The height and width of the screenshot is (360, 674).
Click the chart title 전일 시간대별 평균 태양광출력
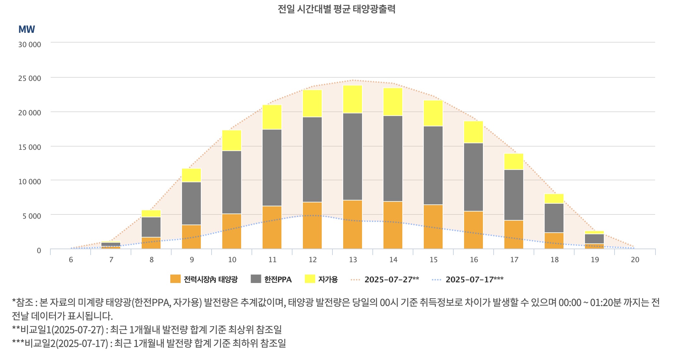[x=336, y=9]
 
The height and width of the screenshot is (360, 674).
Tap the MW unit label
[x=27, y=30]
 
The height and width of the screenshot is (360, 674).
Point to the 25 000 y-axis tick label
[x=30, y=78]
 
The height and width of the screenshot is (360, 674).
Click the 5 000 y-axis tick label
[x=32, y=216]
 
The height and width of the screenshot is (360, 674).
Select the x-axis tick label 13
[x=353, y=260]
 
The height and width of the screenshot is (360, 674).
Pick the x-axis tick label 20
[x=635, y=260]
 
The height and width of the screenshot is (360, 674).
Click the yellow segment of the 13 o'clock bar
[x=353, y=99]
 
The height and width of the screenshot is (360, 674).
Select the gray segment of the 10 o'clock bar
[x=232, y=182]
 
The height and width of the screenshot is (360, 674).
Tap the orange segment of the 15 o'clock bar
[x=433, y=226]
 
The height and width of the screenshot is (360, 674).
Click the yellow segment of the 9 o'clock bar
[x=191, y=175]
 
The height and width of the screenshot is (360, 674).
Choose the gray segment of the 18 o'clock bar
[x=554, y=218]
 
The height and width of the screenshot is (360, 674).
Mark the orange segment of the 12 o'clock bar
[x=312, y=225]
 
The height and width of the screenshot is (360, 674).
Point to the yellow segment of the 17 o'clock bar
[x=514, y=161]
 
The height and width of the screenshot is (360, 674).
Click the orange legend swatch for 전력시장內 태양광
[x=175, y=279]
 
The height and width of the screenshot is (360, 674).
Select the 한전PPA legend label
[x=278, y=279]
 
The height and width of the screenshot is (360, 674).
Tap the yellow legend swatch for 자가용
[x=310, y=279]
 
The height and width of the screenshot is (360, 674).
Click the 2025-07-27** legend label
[x=392, y=279]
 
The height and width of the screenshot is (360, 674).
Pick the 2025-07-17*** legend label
[x=474, y=279]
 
